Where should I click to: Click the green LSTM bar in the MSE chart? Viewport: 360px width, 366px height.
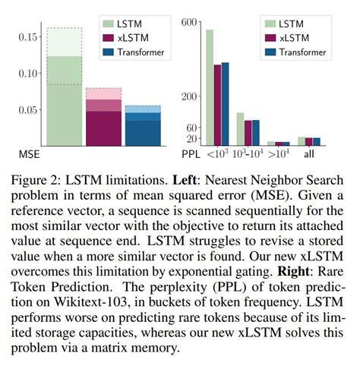click(x=64, y=99)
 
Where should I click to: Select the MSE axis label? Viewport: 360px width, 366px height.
click(x=30, y=155)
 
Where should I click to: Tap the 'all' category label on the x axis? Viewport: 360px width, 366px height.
click(x=310, y=155)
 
